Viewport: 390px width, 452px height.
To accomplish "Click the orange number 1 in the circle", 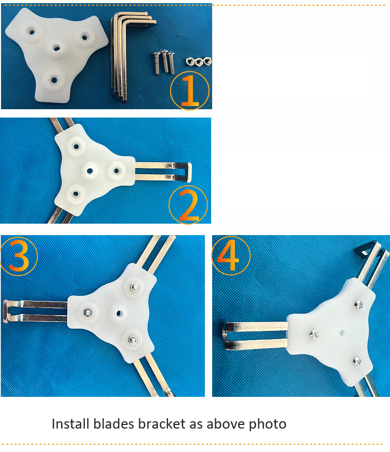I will [190, 91].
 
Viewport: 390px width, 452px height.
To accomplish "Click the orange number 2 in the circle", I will [188, 206].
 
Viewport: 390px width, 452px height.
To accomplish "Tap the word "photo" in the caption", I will [266, 424].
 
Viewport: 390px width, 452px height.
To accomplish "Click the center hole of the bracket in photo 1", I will [56, 48].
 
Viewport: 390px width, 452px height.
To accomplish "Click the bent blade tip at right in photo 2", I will [188, 172].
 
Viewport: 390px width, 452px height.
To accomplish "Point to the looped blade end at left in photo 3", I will [7, 312].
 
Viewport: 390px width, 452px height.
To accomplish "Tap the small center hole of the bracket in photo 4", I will [342, 330].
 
